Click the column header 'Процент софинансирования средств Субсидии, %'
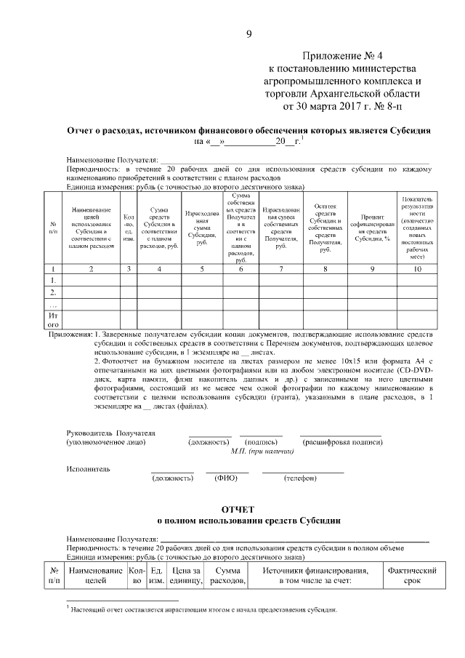coord(372,227)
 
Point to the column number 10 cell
coord(416,269)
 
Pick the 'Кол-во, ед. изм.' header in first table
coord(129,227)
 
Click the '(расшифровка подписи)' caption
coord(340,442)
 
